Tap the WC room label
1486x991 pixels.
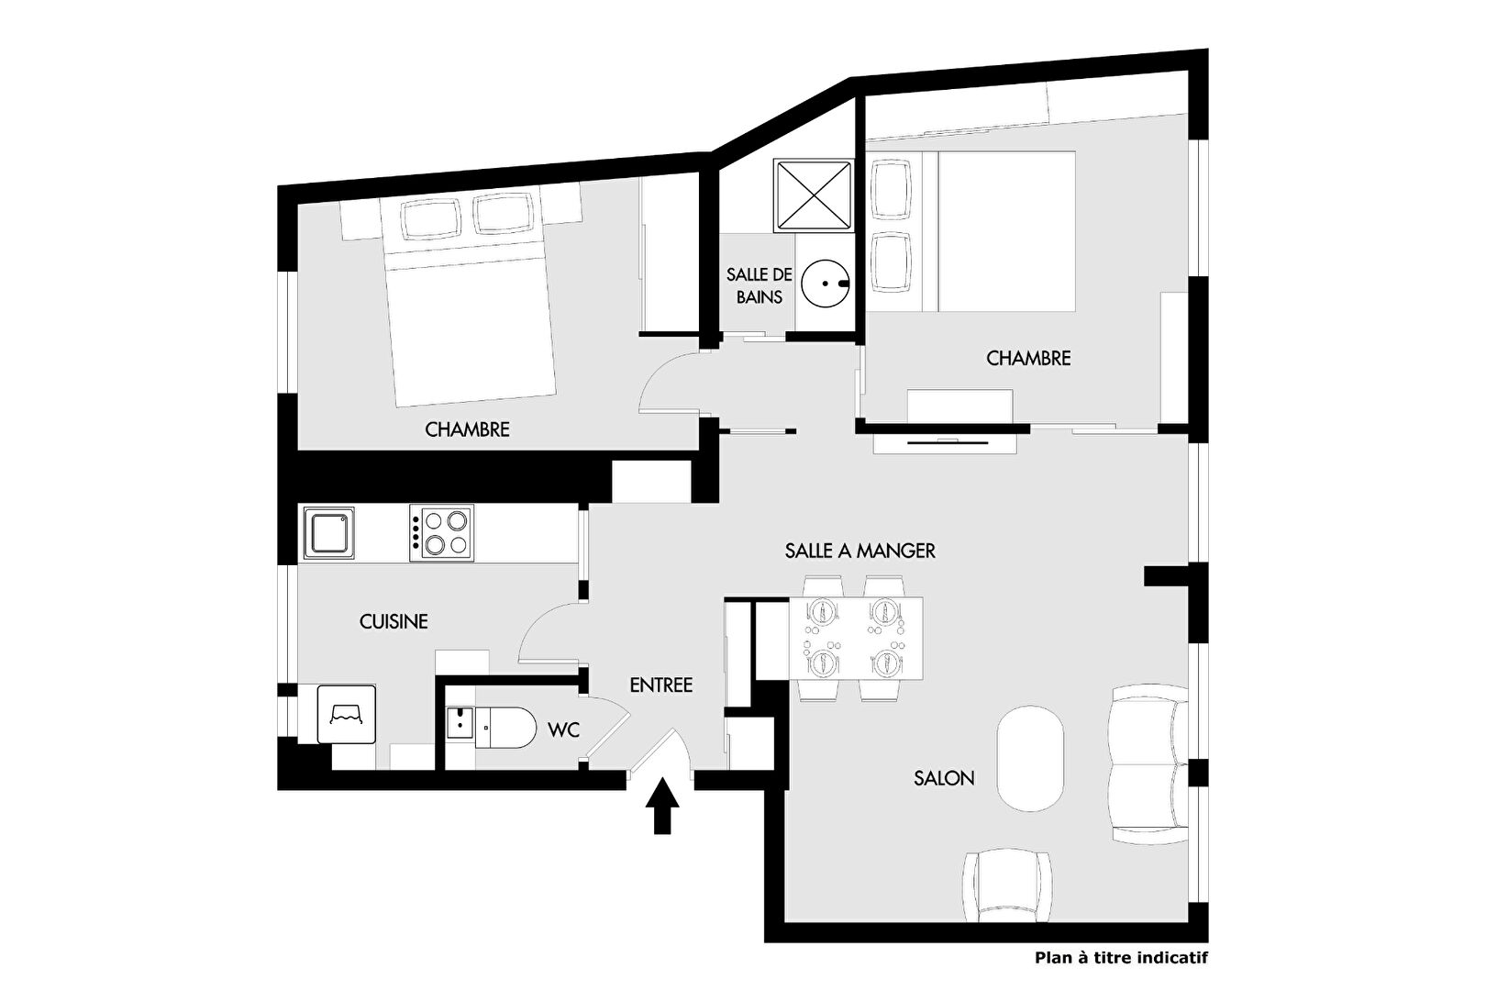coord(564,730)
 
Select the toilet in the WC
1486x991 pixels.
coord(505,728)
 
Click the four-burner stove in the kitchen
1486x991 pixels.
coord(441,533)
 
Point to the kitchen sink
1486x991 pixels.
coord(329,533)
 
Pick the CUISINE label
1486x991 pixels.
coord(394,621)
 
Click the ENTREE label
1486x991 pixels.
coord(660,685)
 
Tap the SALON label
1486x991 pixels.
coord(944,778)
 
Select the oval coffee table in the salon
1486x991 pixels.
coord(1030,758)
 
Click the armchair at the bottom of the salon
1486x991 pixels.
coord(1007,885)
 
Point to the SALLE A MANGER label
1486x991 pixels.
coord(859,551)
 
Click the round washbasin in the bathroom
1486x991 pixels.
coord(826,284)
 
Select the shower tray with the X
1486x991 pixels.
coord(814,195)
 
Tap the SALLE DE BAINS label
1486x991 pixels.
coord(759,285)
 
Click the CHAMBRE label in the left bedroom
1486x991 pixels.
coord(467,429)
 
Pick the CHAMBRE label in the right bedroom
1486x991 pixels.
coord(1028,359)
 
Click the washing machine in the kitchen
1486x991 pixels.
coord(347,714)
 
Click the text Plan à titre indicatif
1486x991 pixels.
coord(1121,958)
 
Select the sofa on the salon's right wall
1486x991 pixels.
coord(1150,764)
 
